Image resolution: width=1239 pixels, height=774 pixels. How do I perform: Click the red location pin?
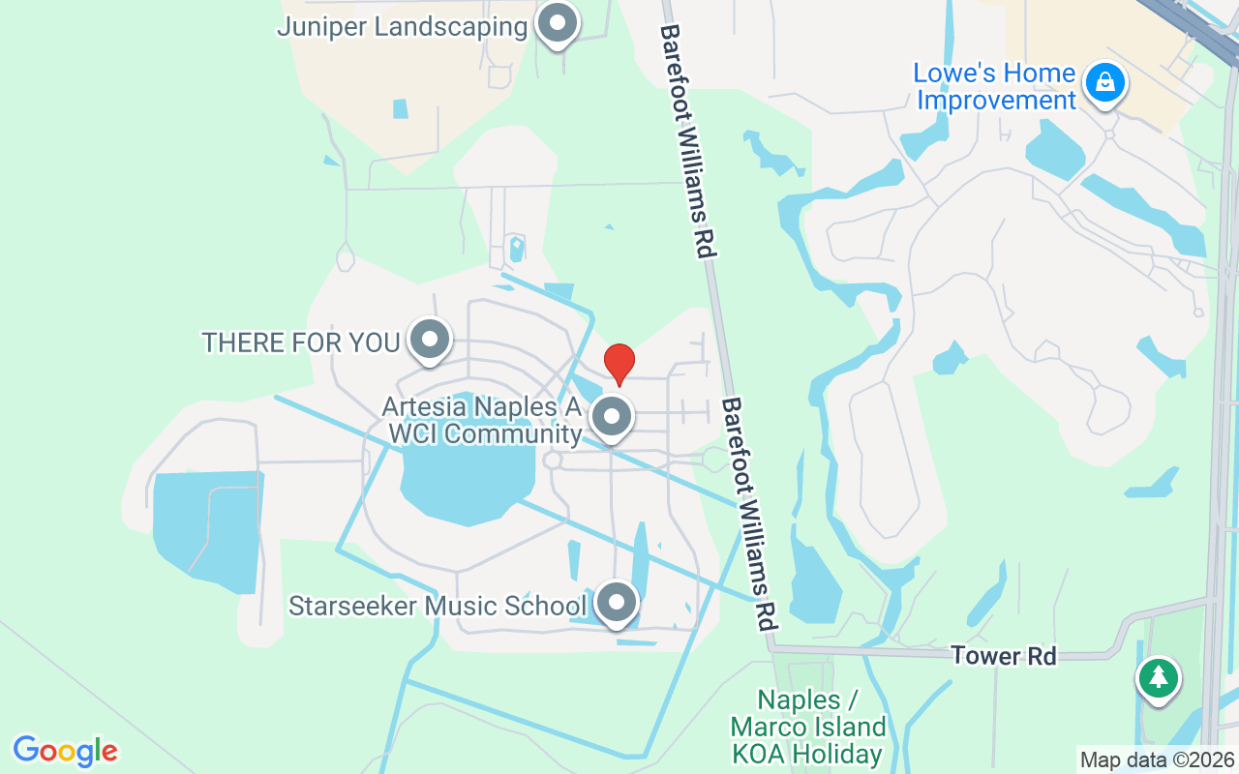pyautogui.click(x=619, y=364)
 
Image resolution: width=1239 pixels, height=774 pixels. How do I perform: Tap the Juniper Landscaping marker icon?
pyautogui.click(x=557, y=24)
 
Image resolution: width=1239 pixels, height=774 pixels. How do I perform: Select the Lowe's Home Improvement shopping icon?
pyautogui.click(x=1103, y=83)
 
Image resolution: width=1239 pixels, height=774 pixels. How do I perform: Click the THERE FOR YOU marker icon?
pyautogui.click(x=430, y=340)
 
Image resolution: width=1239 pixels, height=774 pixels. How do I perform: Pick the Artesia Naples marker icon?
pyautogui.click(x=611, y=418)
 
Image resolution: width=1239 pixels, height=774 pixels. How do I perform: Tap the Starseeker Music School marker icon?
pyautogui.click(x=616, y=604)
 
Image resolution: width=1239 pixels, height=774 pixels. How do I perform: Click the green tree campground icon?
pyautogui.click(x=1158, y=676)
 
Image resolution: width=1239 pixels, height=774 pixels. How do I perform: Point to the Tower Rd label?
pyautogui.click(x=1003, y=656)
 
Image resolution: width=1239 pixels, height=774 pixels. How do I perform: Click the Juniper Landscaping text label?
pyautogui.click(x=402, y=26)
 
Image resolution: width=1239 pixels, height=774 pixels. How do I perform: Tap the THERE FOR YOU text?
pyautogui.click(x=301, y=342)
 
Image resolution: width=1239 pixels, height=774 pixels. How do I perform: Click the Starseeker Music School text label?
pyautogui.click(x=438, y=607)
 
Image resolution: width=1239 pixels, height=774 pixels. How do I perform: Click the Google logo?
pyautogui.click(x=66, y=751)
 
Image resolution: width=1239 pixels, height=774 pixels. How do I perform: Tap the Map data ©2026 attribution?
pyautogui.click(x=1158, y=759)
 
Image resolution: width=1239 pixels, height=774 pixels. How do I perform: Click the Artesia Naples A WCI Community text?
pyautogui.click(x=482, y=420)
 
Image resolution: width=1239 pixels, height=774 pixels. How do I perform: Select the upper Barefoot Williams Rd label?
pyautogui.click(x=688, y=141)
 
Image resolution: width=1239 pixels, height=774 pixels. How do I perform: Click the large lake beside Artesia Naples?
pyautogui.click(x=455, y=479)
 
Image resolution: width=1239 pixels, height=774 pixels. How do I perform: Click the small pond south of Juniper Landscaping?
pyautogui.click(x=401, y=108)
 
